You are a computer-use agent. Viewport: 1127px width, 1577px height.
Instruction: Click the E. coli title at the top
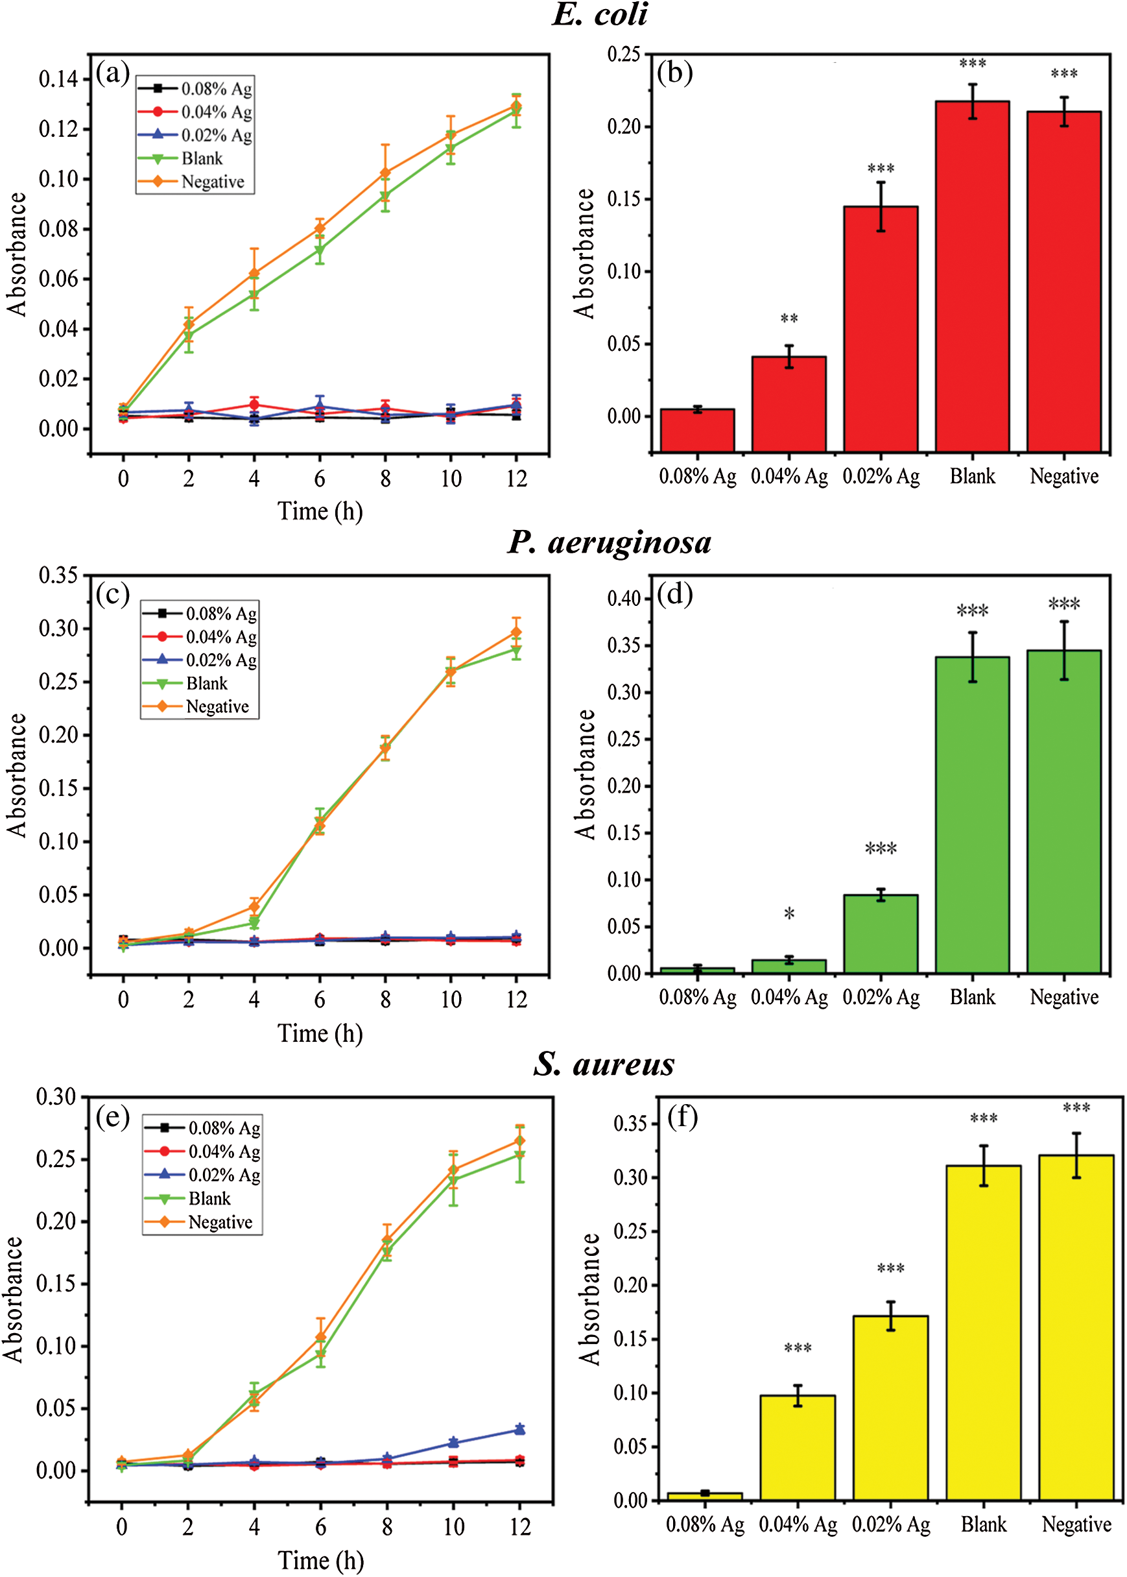(600, 16)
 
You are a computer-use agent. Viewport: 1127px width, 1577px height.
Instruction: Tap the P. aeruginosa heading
(610, 542)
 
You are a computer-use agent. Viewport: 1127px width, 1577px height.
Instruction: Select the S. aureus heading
(604, 1064)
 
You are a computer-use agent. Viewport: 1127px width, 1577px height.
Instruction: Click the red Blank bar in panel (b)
(972, 278)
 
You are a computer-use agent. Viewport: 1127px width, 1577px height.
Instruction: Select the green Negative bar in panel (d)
(1064, 812)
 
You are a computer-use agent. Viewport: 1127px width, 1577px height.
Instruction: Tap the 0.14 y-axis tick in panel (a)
(58, 79)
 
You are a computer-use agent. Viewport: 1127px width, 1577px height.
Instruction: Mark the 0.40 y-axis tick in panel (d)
(624, 598)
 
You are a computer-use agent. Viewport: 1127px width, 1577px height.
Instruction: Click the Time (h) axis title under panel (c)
(320, 1033)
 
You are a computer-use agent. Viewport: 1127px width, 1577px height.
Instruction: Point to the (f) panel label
(682, 1118)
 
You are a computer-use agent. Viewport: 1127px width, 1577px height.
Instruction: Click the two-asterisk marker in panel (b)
(789, 319)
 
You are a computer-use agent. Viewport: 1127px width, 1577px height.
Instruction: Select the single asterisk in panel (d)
(789, 914)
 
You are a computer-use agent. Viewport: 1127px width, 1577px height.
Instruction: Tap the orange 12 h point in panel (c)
(516, 632)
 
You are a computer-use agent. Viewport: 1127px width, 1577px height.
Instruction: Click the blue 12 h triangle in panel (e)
(519, 1430)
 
